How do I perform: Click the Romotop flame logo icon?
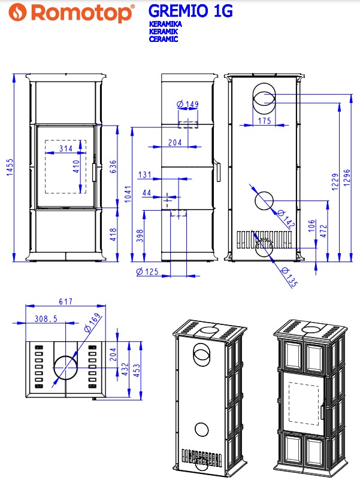pos(17,12)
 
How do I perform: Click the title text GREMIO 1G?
pos(190,11)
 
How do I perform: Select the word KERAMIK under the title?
pos(164,31)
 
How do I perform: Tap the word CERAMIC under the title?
pos(164,39)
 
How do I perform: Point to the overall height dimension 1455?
pos(10,167)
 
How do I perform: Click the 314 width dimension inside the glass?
pos(66,149)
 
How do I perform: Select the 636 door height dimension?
pos(113,166)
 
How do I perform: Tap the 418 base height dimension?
pos(113,234)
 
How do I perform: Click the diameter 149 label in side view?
pos(187,104)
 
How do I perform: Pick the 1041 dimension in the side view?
pos(128,193)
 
